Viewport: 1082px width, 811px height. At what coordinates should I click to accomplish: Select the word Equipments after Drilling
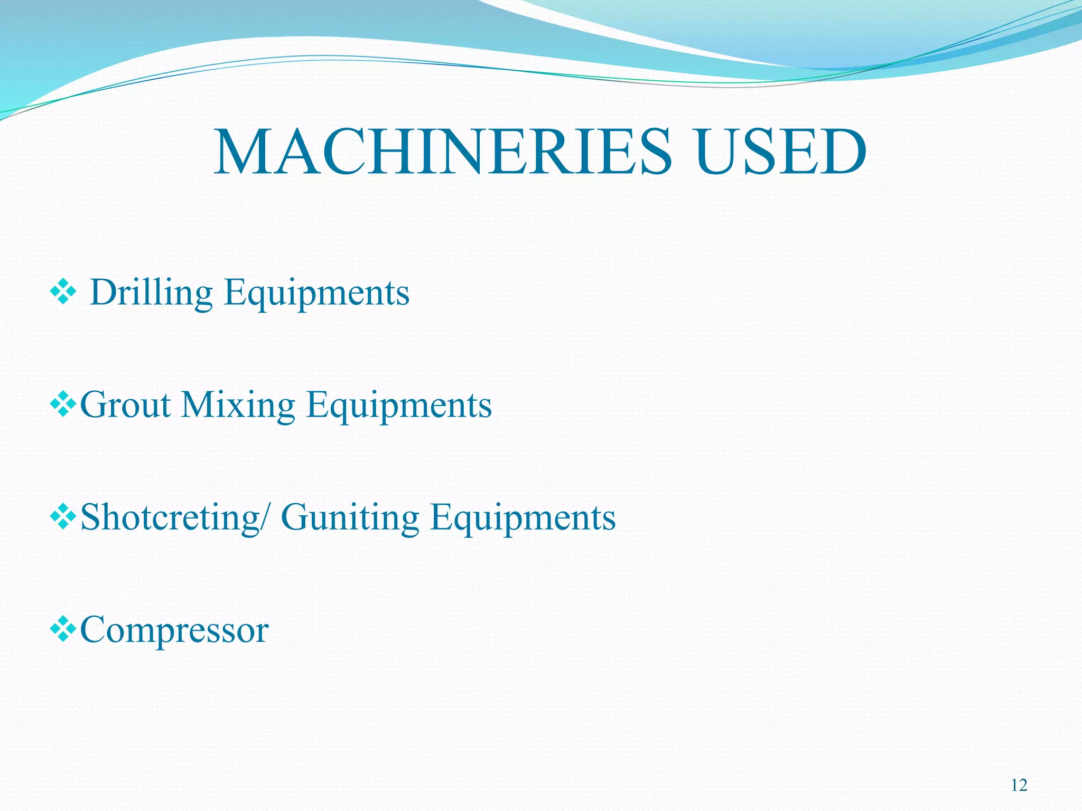(x=316, y=294)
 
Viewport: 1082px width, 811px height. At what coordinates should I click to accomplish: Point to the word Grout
(x=126, y=405)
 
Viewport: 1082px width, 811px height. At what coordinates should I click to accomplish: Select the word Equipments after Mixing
(x=399, y=405)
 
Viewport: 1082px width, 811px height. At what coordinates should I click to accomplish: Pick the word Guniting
(x=350, y=517)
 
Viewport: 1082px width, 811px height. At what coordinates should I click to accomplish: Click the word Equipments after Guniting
(x=523, y=517)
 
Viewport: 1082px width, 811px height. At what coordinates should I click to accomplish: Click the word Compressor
(x=174, y=630)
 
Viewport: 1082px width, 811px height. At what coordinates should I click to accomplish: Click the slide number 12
(x=1019, y=786)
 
